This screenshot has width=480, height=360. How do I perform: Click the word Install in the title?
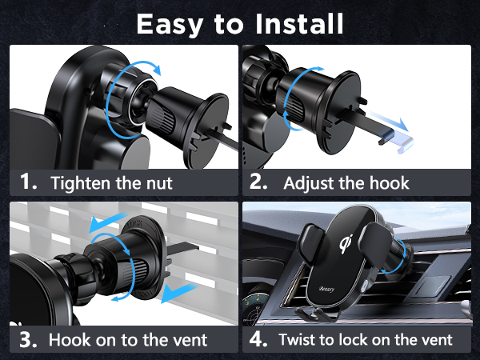coord(296,23)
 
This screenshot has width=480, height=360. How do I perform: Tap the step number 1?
coord(29,182)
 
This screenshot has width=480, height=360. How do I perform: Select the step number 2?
coord(259,182)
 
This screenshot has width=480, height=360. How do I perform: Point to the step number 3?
coord(29,339)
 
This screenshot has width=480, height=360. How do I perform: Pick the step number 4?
coord(258,339)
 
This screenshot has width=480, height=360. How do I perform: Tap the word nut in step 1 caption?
coord(157,182)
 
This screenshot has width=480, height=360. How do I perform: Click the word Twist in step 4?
coord(298,339)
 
